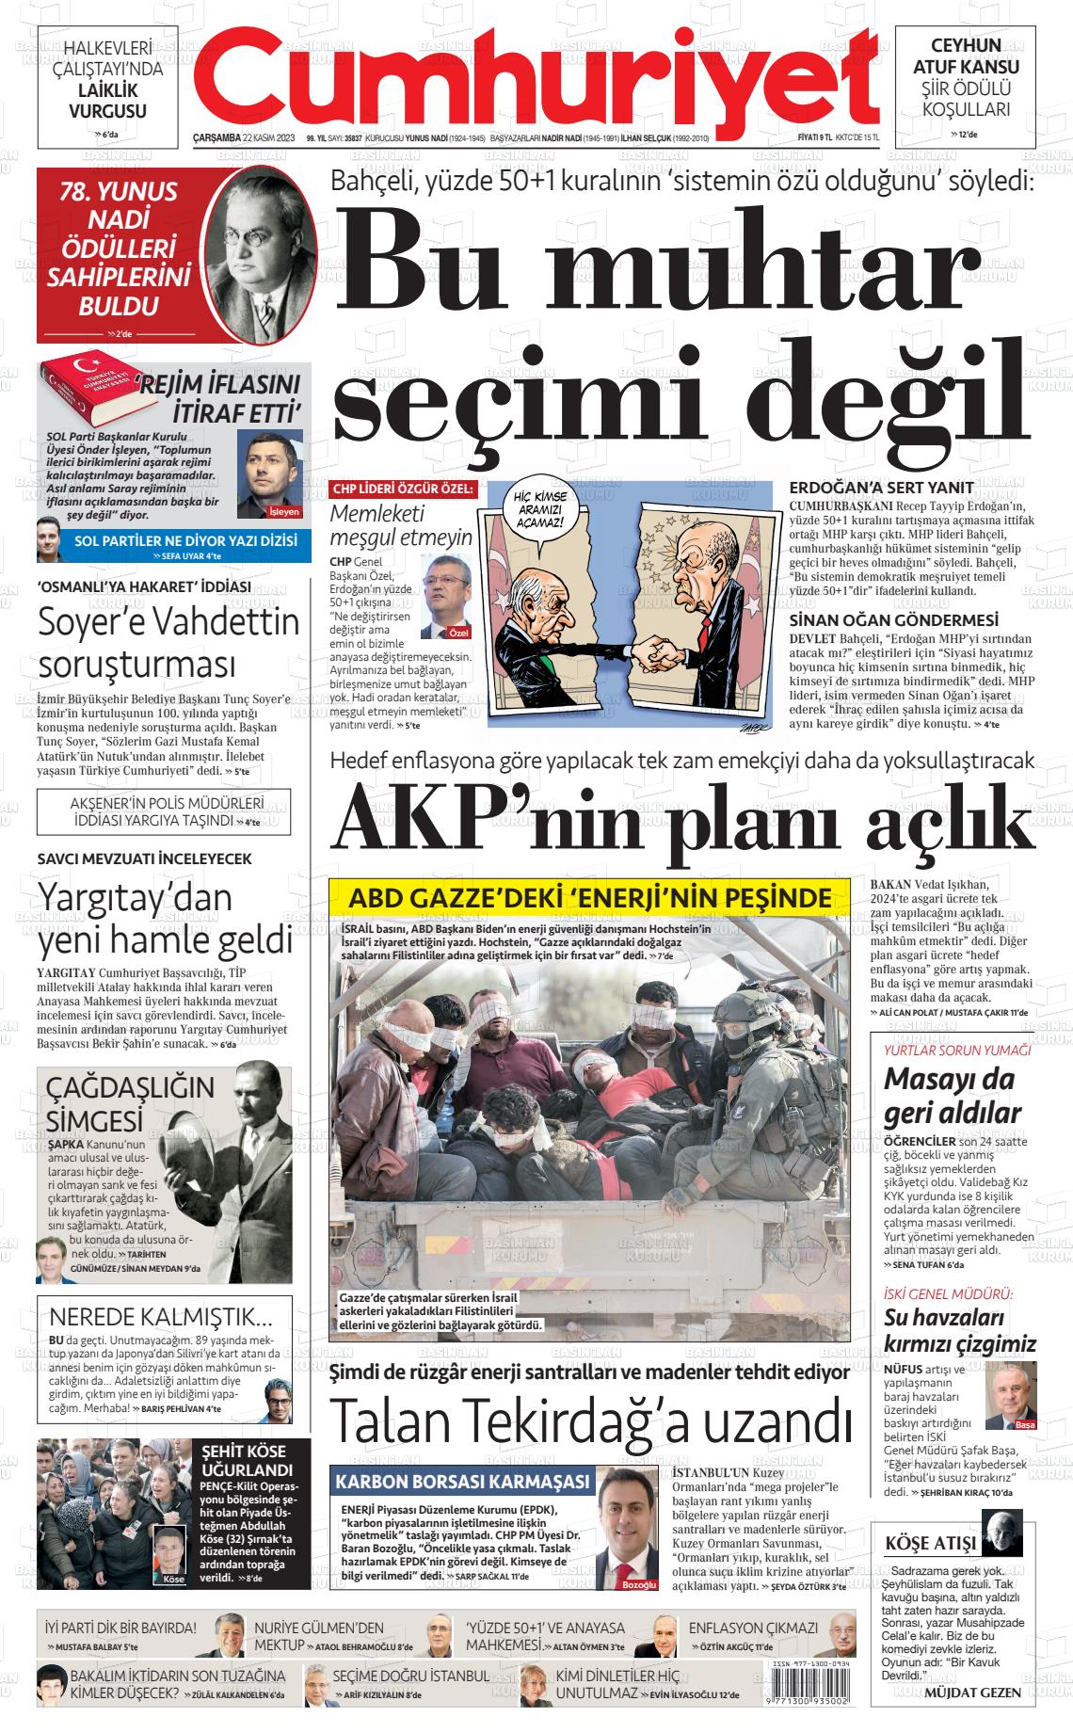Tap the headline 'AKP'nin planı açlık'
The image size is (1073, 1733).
[683, 816]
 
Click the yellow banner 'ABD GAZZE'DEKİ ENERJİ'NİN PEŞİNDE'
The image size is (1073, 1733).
[590, 897]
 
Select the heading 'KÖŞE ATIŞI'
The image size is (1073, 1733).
[931, 1543]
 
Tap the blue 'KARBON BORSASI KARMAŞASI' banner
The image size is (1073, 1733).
[462, 1482]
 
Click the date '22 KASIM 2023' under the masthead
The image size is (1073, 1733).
[269, 138]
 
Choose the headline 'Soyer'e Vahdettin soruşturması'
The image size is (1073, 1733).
[168, 642]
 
